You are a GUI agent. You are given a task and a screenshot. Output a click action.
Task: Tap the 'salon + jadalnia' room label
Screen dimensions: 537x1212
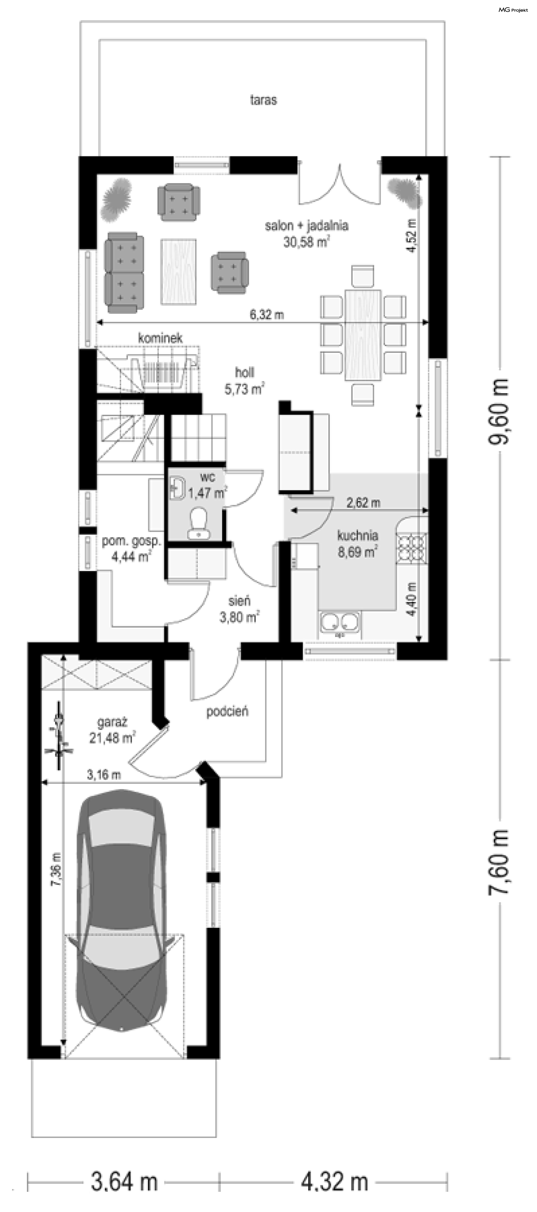point(307,226)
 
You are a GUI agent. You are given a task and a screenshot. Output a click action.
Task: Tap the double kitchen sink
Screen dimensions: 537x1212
point(340,624)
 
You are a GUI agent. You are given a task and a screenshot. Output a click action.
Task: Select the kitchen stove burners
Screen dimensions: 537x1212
point(412,548)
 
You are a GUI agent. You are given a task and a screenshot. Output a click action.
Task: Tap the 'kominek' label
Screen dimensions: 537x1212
point(160,338)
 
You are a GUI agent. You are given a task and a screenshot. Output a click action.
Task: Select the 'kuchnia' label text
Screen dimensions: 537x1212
point(357,535)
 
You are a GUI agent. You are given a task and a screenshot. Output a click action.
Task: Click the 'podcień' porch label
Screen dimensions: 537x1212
point(227,711)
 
